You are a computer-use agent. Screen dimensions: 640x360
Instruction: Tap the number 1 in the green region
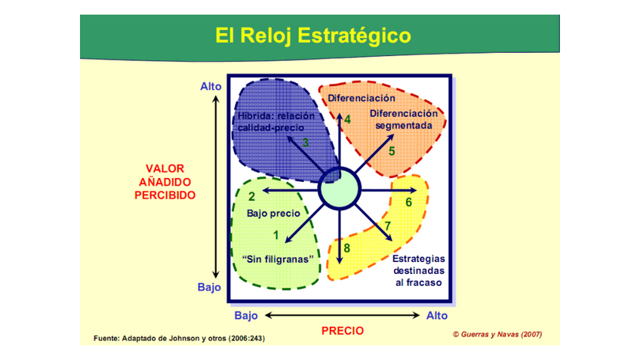click(275, 235)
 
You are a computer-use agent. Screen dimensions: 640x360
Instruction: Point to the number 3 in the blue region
click(306, 142)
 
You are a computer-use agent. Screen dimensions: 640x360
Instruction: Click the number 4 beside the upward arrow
click(348, 119)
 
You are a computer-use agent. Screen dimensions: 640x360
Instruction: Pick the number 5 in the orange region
click(392, 151)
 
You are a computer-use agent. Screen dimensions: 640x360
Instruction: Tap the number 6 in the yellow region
click(409, 202)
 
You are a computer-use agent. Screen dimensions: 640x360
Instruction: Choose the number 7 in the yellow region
click(388, 226)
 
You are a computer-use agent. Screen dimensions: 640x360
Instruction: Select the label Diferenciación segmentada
click(403, 119)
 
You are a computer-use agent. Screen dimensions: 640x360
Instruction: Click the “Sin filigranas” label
click(278, 259)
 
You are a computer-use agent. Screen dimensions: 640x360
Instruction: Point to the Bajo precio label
click(273, 214)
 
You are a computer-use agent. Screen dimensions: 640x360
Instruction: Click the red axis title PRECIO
click(342, 331)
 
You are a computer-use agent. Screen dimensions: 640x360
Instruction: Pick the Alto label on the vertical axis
click(211, 87)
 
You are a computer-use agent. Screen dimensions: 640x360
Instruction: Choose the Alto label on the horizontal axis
click(437, 315)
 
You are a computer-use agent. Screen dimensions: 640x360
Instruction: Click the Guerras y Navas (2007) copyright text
click(497, 334)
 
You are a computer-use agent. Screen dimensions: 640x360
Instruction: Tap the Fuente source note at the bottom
click(179, 337)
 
